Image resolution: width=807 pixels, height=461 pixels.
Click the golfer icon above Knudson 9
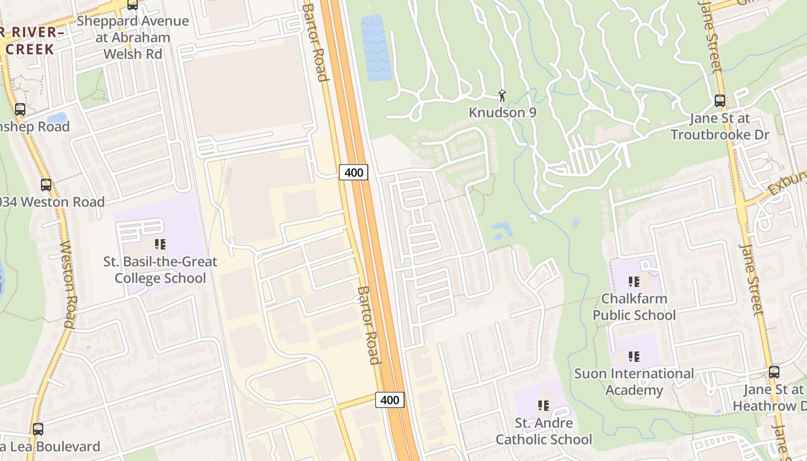[502, 95]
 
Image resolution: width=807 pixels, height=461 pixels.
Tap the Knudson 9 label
[503, 112]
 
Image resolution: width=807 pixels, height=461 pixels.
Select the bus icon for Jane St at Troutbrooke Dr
[719, 101]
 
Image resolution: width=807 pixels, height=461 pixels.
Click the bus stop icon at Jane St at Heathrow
[774, 372]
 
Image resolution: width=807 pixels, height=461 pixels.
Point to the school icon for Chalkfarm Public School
[634, 282]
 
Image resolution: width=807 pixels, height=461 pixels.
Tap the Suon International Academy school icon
[634, 357]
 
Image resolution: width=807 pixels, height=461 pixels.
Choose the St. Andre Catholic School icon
[543, 406]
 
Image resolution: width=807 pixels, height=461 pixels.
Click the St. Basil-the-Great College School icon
[160, 244]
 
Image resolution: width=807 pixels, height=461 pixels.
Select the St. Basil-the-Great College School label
[160, 270]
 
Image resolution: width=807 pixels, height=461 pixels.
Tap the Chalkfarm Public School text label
[634, 307]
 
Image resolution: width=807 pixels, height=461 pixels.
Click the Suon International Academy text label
[634, 381]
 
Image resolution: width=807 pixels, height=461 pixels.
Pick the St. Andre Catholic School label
[544, 431]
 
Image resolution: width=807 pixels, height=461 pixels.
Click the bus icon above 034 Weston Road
[46, 185]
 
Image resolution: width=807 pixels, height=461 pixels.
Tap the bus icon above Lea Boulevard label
[38, 429]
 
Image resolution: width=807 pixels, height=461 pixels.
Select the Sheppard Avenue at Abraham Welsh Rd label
[133, 37]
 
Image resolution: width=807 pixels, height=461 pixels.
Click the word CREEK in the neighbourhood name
[29, 48]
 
